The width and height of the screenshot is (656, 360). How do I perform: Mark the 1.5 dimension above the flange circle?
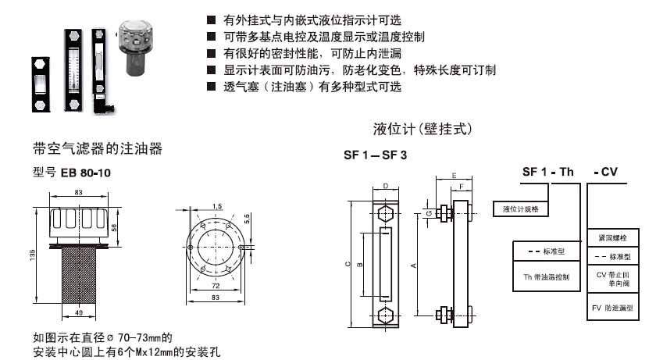coord(217,206)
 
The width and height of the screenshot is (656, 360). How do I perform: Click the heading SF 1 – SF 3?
coord(376,155)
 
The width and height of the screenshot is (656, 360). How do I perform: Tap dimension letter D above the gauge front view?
coord(386,187)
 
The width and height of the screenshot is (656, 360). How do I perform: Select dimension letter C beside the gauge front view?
coord(347,264)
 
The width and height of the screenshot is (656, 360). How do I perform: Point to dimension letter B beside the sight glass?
coord(360,264)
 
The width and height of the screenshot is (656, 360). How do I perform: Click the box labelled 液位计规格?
coord(522,209)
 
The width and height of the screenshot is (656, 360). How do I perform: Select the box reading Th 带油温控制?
coord(546,276)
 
